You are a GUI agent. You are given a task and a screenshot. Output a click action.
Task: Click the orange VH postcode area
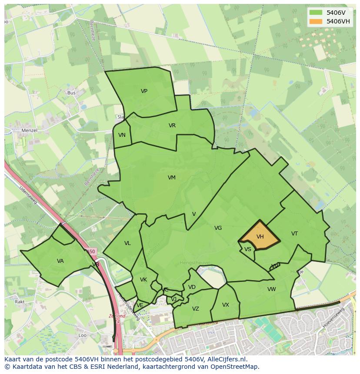(x=260, y=237)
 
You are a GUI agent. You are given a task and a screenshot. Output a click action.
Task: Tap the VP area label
(x=144, y=91)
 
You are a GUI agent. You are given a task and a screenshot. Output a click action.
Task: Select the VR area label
(x=172, y=126)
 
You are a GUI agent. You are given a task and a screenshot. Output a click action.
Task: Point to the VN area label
(x=122, y=135)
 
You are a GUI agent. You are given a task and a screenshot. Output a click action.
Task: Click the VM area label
(x=172, y=177)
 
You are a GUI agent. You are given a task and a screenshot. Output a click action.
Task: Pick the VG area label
(x=218, y=228)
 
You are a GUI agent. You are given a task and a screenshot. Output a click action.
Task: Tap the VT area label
(x=294, y=234)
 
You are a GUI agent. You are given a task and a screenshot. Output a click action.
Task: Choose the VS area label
(x=247, y=249)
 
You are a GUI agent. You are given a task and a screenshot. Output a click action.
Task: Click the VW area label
(x=271, y=289)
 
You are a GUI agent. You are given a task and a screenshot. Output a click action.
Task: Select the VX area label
(x=225, y=305)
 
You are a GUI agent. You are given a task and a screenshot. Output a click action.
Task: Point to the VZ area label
(x=196, y=309)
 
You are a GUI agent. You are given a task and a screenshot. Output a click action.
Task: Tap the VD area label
(x=192, y=287)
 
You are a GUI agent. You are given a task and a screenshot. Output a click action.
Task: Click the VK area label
(x=143, y=280)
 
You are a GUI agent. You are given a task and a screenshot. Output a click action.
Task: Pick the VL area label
(x=127, y=243)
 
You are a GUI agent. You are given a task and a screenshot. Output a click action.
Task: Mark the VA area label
(x=60, y=261)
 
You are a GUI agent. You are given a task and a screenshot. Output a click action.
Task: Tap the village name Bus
(x=71, y=93)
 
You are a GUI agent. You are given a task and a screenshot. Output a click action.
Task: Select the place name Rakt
(x=20, y=301)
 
